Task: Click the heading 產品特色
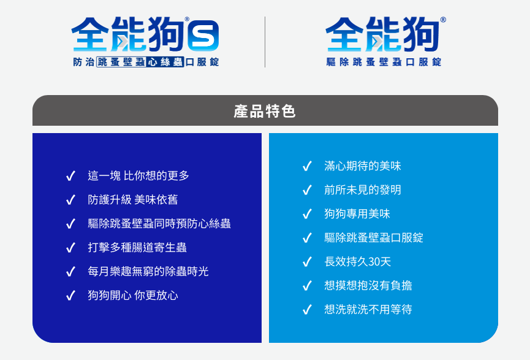[265, 111]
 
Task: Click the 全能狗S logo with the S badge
[145, 36]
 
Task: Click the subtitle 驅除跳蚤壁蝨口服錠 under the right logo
[384, 62]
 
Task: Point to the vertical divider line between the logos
[265, 42]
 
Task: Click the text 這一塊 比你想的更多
[138, 176]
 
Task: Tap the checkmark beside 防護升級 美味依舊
[70, 200]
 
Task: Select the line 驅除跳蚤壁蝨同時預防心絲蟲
[159, 224]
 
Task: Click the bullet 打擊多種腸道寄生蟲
[137, 248]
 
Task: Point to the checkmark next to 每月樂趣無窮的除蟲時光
[70, 272]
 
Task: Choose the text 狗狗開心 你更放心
[133, 296]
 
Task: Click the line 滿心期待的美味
[363, 166]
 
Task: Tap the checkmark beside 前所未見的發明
[307, 190]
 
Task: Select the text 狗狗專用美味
[357, 214]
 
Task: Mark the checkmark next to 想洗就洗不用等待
[307, 310]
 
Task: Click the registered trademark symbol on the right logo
[443, 20]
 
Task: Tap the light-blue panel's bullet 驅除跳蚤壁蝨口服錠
[374, 238]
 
